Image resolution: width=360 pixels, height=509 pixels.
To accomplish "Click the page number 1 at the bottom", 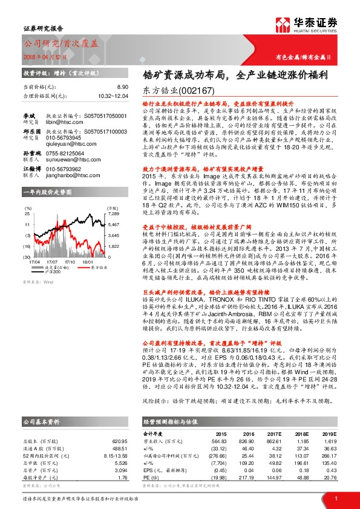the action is click(x=335, y=497).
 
